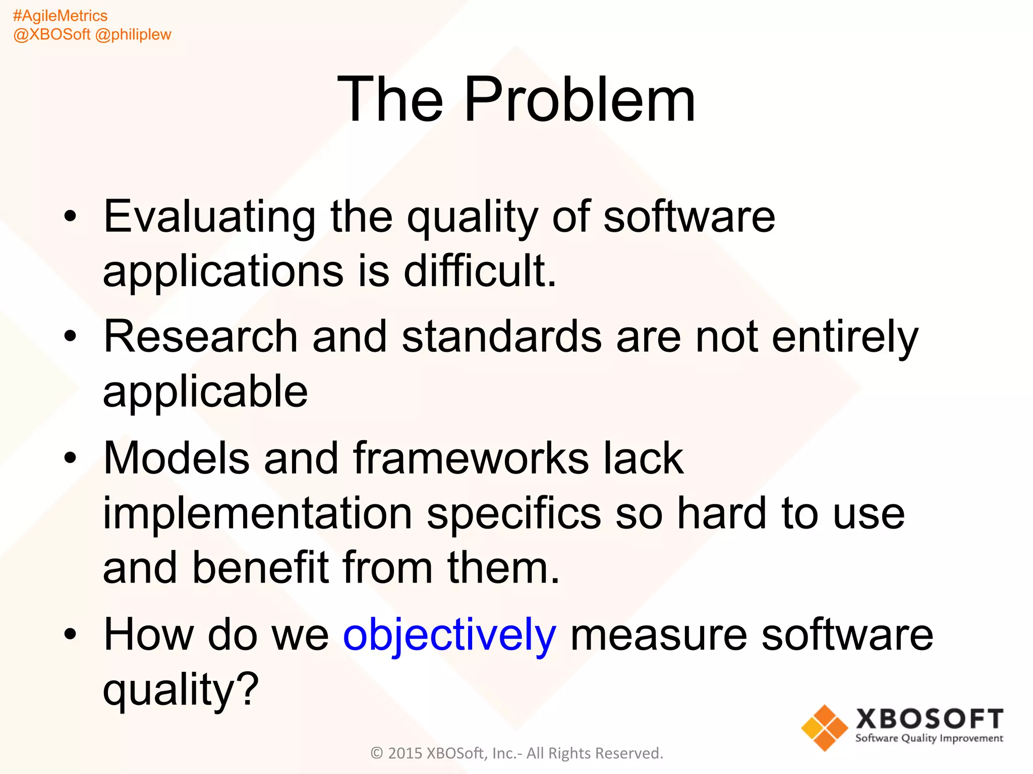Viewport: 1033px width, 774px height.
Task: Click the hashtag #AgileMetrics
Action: pos(60,16)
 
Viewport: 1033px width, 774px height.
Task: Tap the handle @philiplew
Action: pos(133,35)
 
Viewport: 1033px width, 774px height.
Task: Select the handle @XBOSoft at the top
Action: pos(51,35)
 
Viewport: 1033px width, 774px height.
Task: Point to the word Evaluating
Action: pos(209,217)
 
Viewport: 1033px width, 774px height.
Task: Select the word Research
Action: pos(200,337)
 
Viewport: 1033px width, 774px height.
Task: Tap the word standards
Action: pos(501,337)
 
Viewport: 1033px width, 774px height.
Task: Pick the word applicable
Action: pos(205,392)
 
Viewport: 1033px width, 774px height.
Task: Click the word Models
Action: pos(176,458)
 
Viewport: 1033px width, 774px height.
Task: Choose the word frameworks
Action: pos(471,458)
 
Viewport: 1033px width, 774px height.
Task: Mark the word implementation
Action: pos(257,513)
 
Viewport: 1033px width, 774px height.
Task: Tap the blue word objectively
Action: pos(449,635)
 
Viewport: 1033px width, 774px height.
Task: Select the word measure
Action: pos(658,635)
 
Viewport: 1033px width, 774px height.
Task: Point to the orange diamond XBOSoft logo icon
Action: pos(824,728)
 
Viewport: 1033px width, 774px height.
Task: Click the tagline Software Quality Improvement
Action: pos(929,739)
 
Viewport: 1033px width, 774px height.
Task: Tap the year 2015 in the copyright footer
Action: pos(405,753)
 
